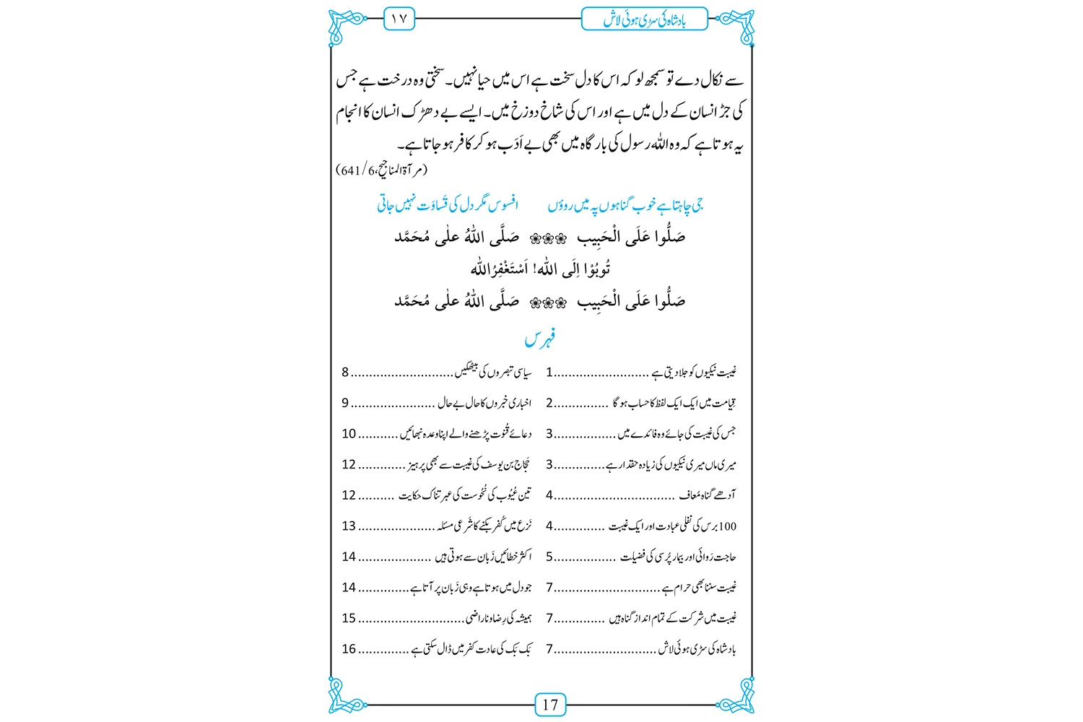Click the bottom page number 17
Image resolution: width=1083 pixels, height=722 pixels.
pyautogui.click(x=550, y=705)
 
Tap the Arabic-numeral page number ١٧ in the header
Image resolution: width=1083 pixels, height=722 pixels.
pyautogui.click(x=399, y=19)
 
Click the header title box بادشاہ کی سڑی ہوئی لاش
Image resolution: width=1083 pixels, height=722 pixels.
pyautogui.click(x=644, y=19)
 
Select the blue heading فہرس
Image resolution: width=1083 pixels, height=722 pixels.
pyautogui.click(x=540, y=339)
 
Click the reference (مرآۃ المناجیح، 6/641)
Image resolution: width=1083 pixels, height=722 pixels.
pyautogui.click(x=382, y=170)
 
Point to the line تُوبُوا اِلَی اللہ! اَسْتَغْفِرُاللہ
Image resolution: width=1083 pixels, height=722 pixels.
pyautogui.click(x=540, y=269)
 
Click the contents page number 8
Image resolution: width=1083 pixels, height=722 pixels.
pyautogui.click(x=345, y=373)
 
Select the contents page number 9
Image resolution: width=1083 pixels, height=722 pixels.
pyautogui.click(x=345, y=403)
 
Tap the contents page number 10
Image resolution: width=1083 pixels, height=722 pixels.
pyautogui.click(x=349, y=434)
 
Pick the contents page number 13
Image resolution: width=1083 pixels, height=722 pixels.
pyautogui.click(x=349, y=526)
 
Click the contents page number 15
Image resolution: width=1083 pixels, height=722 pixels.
pyautogui.click(x=349, y=618)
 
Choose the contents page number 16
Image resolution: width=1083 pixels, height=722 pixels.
pyautogui.click(x=349, y=649)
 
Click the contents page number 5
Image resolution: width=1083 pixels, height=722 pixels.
pyautogui.click(x=549, y=557)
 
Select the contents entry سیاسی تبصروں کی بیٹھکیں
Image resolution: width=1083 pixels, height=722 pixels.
pyautogui.click(x=495, y=373)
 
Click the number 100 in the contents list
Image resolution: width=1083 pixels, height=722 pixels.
pyautogui.click(x=728, y=526)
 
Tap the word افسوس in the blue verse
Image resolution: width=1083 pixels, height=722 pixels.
pyautogui.click(x=503, y=206)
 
